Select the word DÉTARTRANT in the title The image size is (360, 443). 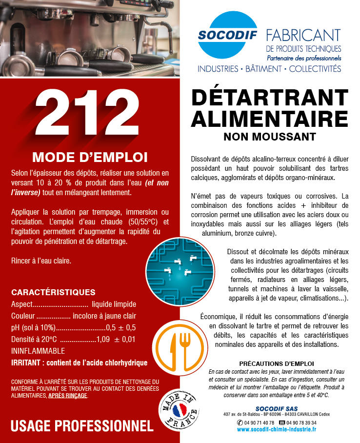coord(269,98)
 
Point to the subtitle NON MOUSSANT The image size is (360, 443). coord(269,137)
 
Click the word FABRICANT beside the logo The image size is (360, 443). coord(303,36)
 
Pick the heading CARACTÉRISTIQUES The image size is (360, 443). coord(53,292)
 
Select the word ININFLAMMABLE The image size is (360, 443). coord(38,351)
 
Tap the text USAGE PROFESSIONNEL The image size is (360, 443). coord(82,425)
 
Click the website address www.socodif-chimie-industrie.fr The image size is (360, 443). coord(276,429)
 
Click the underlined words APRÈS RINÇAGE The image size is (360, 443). coord(68,396)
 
